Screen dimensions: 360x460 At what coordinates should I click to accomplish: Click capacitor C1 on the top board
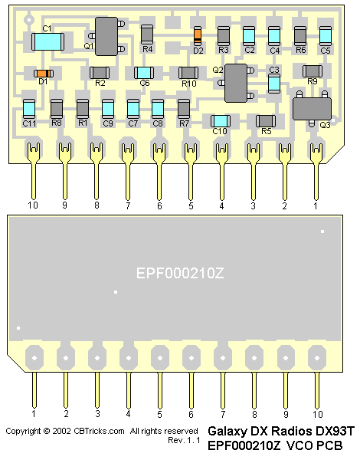click(47, 41)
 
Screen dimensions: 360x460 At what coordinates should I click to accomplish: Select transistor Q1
click(106, 36)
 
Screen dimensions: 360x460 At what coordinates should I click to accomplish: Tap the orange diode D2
click(198, 36)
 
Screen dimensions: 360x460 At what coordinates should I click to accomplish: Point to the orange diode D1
click(44, 74)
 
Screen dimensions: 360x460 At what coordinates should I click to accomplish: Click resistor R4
click(147, 34)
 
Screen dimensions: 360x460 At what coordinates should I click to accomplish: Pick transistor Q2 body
click(236, 83)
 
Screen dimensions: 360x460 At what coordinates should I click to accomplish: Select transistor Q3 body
click(312, 109)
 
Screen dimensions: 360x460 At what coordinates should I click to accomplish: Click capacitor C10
click(221, 121)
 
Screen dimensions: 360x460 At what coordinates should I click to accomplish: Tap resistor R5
click(265, 121)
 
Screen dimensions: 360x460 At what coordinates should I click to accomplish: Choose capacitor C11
click(29, 109)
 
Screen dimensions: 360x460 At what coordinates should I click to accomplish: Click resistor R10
click(188, 73)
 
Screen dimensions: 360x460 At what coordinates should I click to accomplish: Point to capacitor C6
click(144, 73)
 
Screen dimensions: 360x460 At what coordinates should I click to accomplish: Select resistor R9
click(313, 71)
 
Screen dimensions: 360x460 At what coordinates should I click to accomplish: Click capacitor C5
click(325, 36)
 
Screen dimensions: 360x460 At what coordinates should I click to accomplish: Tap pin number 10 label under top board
click(33, 205)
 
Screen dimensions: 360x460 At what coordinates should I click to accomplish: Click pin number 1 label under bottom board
click(34, 414)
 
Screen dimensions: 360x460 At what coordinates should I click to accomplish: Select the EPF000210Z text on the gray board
click(180, 274)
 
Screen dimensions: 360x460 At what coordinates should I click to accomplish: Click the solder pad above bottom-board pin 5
click(160, 357)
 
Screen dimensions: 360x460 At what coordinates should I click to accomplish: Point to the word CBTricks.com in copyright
click(99, 431)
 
